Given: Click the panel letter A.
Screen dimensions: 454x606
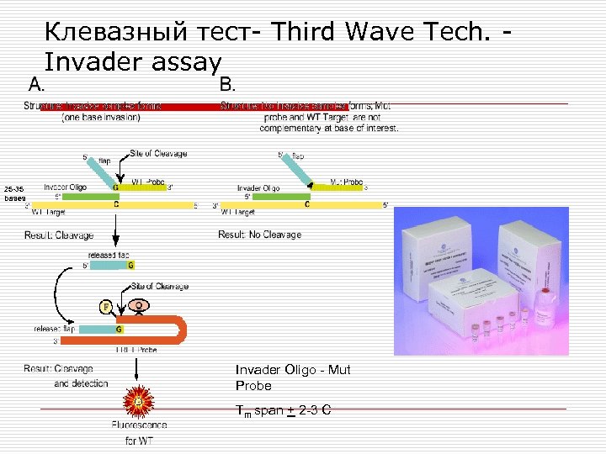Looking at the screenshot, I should pyautogui.click(x=36, y=84).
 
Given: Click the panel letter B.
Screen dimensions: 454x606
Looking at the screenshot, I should pyautogui.click(x=227, y=84).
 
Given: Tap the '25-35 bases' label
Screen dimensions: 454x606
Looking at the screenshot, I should pyautogui.click(x=14, y=193).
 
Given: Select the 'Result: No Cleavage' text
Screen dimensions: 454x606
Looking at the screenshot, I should pyautogui.click(x=259, y=235).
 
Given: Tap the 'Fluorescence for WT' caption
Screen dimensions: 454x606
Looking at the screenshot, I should pyautogui.click(x=132, y=433).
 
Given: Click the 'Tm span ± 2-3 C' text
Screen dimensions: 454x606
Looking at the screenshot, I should pyautogui.click(x=283, y=410).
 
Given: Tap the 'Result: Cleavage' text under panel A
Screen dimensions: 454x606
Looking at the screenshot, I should pyautogui.click(x=59, y=235).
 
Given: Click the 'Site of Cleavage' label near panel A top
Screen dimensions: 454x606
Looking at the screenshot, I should pyautogui.click(x=159, y=154).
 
